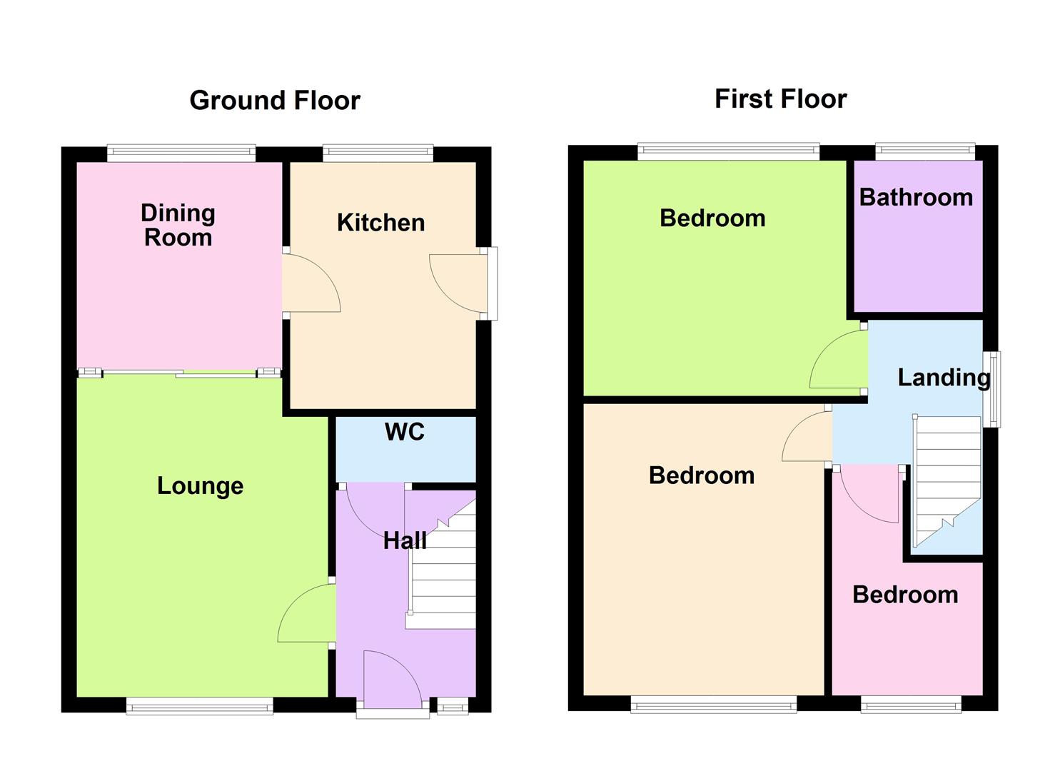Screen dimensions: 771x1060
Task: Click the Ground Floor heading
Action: click(x=274, y=101)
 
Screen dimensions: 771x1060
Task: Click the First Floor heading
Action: click(x=780, y=99)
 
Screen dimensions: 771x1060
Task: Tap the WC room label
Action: click(x=404, y=432)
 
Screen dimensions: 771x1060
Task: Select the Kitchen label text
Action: click(x=380, y=223)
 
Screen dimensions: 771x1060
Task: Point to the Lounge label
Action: click(x=200, y=486)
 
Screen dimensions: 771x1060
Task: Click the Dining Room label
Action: click(x=178, y=225)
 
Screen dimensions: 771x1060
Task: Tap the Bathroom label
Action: click(x=916, y=197)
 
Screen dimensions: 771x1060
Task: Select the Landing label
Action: click(x=943, y=378)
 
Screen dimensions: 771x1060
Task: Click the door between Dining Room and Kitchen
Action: click(x=310, y=282)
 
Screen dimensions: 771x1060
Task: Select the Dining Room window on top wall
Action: click(x=181, y=152)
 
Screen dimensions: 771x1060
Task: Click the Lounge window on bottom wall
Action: click(x=200, y=706)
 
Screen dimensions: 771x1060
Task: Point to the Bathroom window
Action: click(x=925, y=151)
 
